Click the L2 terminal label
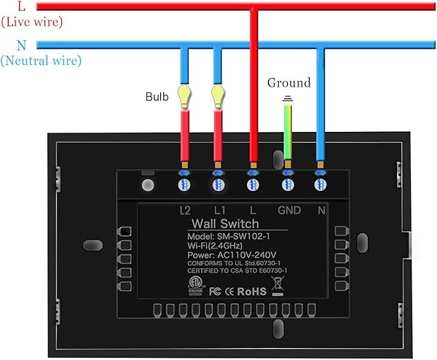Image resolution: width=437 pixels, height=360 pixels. [185, 210]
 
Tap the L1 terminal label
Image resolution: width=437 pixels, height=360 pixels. [219, 210]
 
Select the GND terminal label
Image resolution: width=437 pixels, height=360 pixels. [288, 210]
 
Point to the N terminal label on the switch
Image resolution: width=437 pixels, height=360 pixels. [321, 210]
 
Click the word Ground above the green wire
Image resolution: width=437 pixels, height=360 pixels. [288, 83]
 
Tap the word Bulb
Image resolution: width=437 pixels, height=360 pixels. [157, 96]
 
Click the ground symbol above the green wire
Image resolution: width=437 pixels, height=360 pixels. [288, 98]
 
